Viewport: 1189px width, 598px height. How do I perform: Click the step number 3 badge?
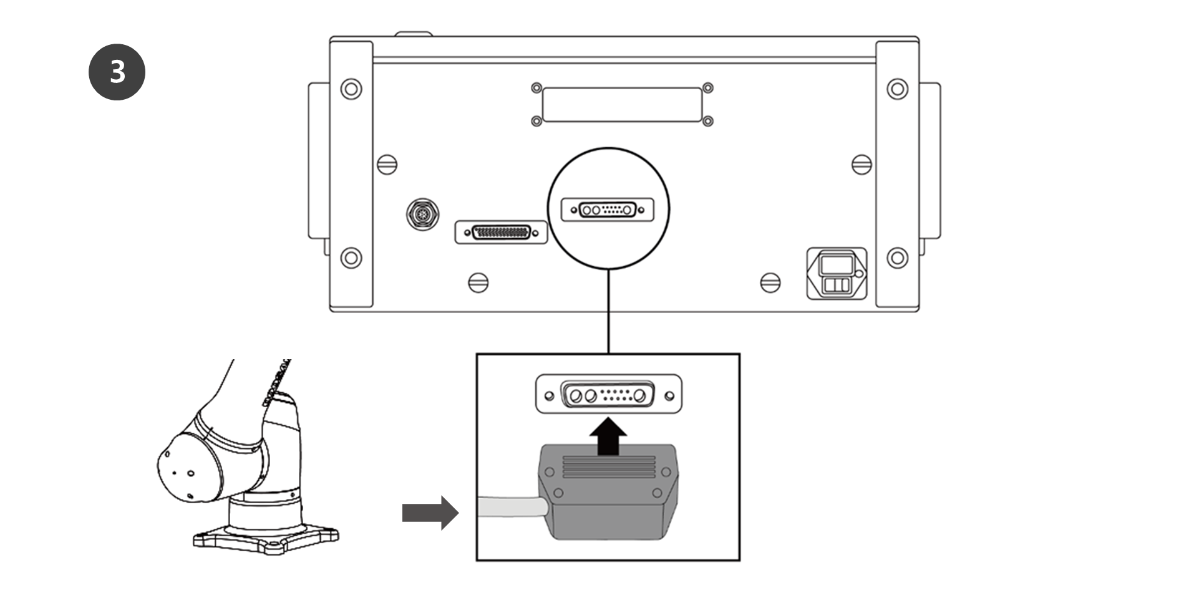(117, 72)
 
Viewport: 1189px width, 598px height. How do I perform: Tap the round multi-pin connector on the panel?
(422, 215)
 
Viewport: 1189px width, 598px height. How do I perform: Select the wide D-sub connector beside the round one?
(501, 233)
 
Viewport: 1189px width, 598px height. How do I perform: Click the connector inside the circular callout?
(608, 210)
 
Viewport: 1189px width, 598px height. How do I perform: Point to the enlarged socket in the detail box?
(608, 395)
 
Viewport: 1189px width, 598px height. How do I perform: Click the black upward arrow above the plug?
(609, 436)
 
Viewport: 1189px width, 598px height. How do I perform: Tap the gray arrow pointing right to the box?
(430, 513)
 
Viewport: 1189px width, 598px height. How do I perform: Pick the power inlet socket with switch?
(837, 273)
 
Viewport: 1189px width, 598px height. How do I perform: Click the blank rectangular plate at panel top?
(622, 105)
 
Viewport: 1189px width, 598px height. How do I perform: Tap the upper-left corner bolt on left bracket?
(351, 89)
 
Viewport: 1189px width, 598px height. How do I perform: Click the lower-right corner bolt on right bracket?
(897, 257)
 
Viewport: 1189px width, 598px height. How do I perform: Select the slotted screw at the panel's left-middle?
(387, 165)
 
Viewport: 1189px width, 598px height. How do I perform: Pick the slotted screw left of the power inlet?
(770, 282)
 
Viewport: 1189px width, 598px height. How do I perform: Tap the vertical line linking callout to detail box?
(608, 312)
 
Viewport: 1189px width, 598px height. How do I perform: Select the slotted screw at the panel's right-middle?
(861, 165)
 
